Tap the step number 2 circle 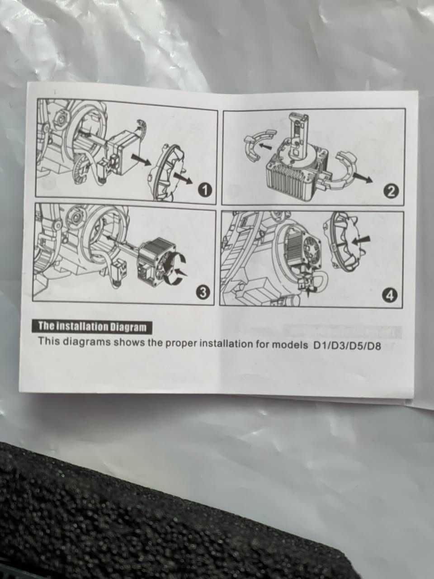[392, 193]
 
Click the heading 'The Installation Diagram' [92, 327]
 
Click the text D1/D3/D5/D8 [346, 346]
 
